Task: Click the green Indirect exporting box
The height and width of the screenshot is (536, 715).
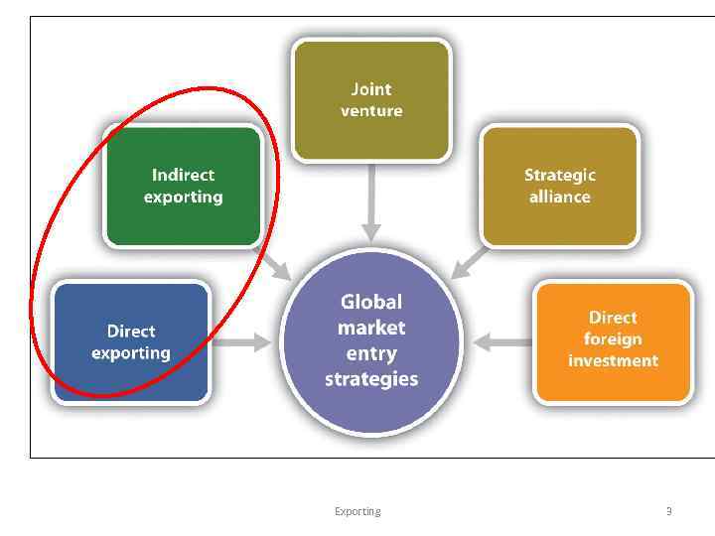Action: point(184,186)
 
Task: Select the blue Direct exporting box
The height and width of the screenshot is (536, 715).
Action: point(131,342)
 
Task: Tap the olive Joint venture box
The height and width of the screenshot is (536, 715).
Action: point(371,100)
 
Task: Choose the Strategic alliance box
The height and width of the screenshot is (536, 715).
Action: point(560,186)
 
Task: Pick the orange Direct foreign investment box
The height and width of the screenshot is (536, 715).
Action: point(613,340)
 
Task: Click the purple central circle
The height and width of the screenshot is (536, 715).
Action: point(371,340)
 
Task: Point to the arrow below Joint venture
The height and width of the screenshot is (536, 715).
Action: point(371,203)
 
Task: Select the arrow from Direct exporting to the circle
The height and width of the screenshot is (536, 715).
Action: point(244,342)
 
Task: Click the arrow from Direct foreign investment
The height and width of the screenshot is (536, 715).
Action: point(502,342)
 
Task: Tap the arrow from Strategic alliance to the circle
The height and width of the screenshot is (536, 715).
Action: point(470,262)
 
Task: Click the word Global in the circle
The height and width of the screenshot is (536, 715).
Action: point(371,302)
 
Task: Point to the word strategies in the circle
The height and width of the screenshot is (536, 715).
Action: point(371,379)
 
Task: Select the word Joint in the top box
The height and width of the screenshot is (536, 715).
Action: point(371,89)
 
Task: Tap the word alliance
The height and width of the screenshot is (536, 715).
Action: point(560,197)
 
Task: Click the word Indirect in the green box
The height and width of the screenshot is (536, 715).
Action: point(184,175)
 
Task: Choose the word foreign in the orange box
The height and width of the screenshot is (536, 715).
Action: point(613,339)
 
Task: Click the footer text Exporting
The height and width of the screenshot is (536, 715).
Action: point(357,511)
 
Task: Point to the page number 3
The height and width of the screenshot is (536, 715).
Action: point(668,511)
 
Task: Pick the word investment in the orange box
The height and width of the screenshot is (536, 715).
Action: point(613,360)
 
